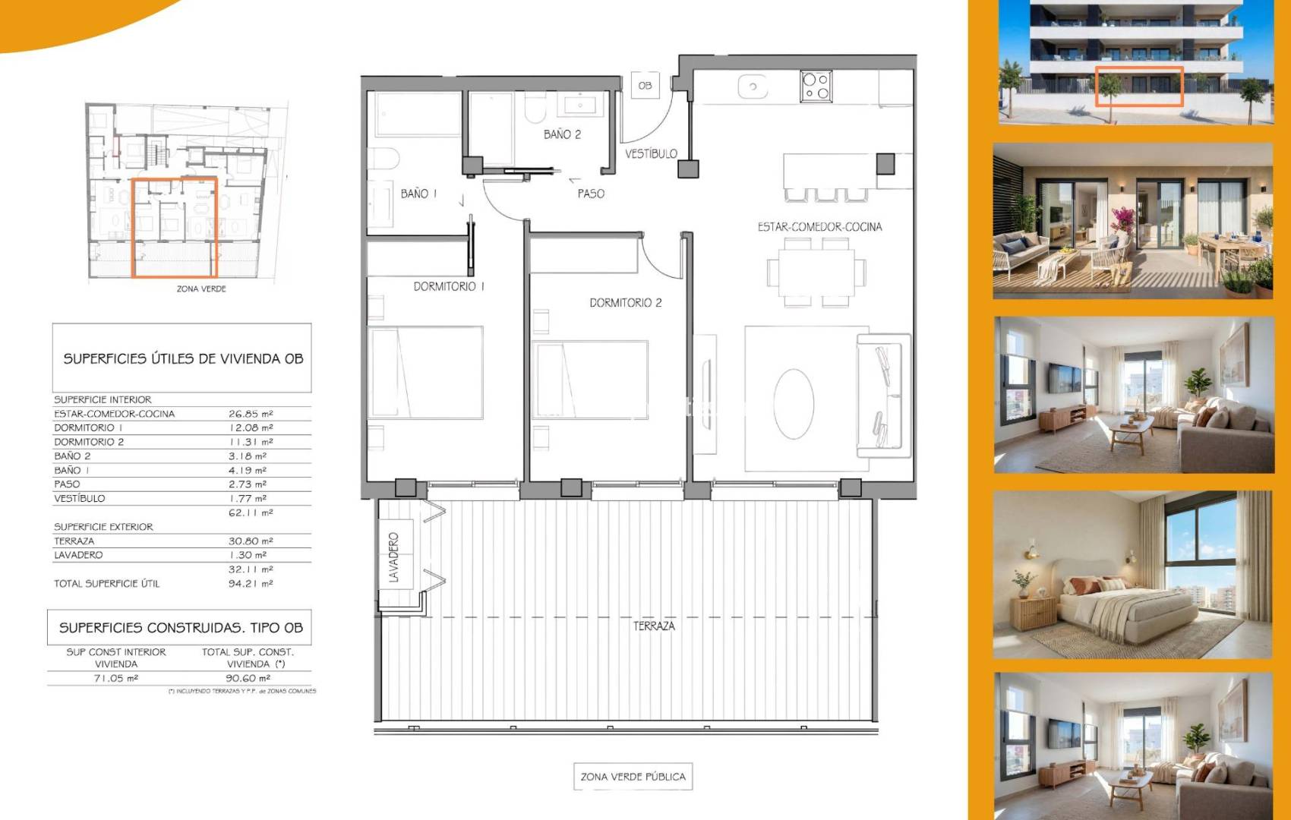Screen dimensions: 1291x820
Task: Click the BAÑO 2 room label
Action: point(562,134)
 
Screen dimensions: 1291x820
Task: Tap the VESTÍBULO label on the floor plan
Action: point(652,153)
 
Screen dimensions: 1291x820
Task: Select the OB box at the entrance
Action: point(645,85)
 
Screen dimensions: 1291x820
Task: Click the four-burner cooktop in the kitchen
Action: point(816,87)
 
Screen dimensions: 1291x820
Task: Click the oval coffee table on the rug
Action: point(794,404)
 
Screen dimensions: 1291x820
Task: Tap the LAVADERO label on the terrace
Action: point(394,557)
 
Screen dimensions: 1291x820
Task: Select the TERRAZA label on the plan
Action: point(654,626)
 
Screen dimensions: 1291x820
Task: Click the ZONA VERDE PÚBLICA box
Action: point(633,776)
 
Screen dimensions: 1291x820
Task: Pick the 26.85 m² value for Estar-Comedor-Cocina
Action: point(251,414)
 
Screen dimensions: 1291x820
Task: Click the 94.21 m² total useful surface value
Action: point(251,583)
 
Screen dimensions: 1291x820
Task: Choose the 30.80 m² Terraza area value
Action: point(251,541)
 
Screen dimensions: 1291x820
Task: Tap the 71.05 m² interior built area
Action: point(116,678)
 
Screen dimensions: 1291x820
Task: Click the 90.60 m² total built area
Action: point(248,678)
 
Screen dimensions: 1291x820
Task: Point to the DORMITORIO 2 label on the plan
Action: point(625,302)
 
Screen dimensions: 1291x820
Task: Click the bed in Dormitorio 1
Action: point(426,372)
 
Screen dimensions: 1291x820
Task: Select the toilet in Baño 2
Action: point(535,108)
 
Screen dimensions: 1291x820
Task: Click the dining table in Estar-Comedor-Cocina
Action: point(816,273)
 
